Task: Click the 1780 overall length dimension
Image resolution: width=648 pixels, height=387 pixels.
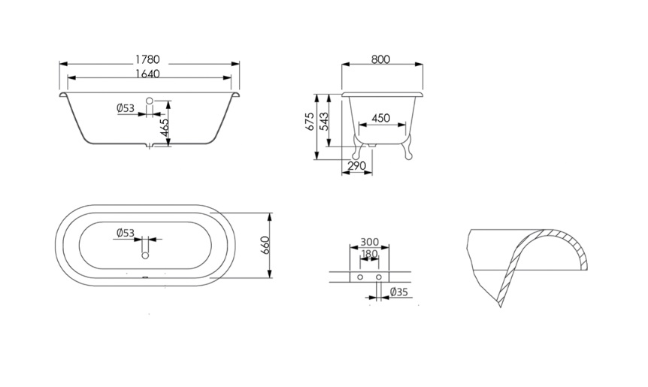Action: click(147, 59)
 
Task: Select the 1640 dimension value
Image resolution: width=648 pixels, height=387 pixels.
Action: click(147, 74)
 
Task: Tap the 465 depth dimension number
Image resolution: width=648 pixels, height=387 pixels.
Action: click(164, 128)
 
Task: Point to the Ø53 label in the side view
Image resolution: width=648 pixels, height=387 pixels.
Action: click(126, 108)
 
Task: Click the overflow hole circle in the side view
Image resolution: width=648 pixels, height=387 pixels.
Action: click(150, 101)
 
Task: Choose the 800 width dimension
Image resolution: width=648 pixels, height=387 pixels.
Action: click(380, 59)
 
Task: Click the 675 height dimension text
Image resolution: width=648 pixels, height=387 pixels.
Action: click(310, 122)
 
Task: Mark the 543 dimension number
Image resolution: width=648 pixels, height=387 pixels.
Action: click(325, 122)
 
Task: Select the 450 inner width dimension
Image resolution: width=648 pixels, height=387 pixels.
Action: click(380, 118)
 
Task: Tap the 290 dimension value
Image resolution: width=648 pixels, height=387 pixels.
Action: click(356, 165)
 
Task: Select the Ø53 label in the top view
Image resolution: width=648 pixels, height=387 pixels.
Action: click(126, 233)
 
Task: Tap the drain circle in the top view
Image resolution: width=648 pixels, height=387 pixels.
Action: click(145, 255)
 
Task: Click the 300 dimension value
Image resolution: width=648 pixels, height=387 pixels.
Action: click(369, 242)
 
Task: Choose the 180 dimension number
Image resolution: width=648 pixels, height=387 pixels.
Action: click(369, 253)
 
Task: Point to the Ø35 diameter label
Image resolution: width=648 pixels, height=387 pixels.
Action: click(399, 292)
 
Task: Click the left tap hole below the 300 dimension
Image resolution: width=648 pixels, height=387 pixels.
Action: click(360, 277)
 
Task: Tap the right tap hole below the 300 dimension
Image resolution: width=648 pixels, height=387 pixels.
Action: click(379, 277)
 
